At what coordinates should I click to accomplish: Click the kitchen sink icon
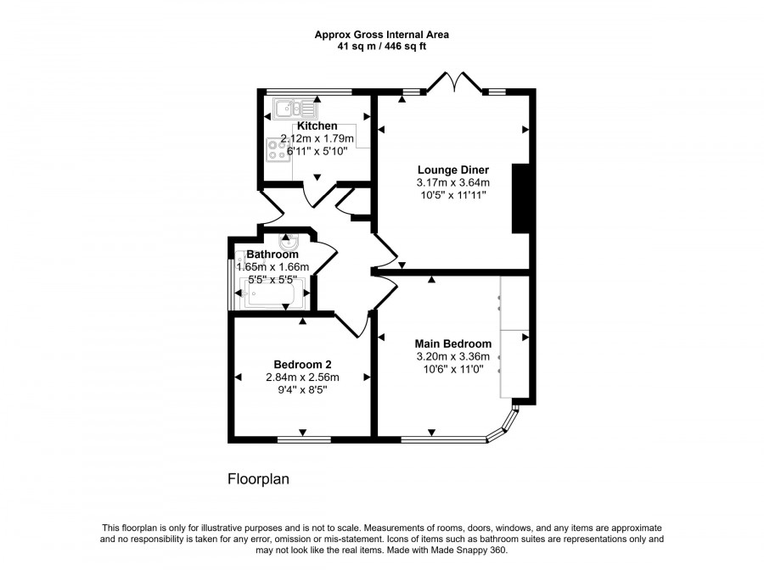294,108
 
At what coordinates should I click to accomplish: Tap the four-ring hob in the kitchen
278,149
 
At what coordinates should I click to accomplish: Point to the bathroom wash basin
288,242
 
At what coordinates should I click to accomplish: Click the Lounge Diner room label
452,169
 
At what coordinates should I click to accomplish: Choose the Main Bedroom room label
452,344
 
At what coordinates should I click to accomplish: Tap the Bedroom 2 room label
302,365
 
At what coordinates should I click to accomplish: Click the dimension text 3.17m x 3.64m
452,182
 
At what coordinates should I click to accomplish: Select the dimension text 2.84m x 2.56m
302,378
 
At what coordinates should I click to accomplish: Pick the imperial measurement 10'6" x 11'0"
452,370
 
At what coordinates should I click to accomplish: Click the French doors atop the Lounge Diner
457,82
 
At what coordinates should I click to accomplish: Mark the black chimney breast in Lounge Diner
520,198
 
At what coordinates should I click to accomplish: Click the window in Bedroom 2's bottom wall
303,439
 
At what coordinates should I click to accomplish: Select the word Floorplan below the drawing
258,479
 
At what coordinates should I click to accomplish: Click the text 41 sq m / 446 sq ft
381,47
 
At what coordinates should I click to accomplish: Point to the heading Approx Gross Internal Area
381,35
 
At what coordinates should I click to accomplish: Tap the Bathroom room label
272,254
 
